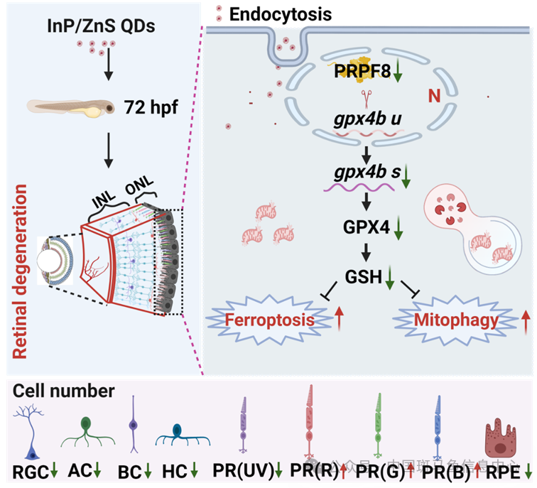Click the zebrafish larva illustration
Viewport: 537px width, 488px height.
click(71, 108)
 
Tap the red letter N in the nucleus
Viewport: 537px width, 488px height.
click(433, 95)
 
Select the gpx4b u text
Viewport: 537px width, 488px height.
click(367, 118)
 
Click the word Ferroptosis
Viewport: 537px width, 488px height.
click(269, 320)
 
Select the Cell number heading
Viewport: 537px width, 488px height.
click(63, 391)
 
